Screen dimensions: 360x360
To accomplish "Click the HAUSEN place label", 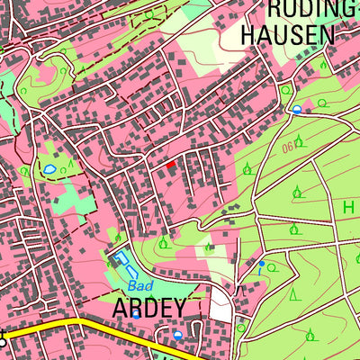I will pos(288,34).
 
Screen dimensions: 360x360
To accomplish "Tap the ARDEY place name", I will pos(149,308).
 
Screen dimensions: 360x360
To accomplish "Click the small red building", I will pos(171,164).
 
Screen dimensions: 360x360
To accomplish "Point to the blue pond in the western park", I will pos(50,168).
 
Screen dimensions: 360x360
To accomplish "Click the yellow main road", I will pos(90,325).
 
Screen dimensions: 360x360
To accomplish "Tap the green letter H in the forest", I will pos(347,206).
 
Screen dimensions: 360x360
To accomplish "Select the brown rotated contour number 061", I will pos(291,146).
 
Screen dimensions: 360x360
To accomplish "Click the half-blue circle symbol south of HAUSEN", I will pos(296,110).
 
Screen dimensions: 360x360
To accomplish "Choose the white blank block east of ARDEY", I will pos(220,306).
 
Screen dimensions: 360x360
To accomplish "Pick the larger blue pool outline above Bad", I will pos(122,264).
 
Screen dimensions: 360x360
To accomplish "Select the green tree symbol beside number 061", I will pos(301,140).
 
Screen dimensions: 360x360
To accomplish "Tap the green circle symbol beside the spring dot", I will pos(271,268).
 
